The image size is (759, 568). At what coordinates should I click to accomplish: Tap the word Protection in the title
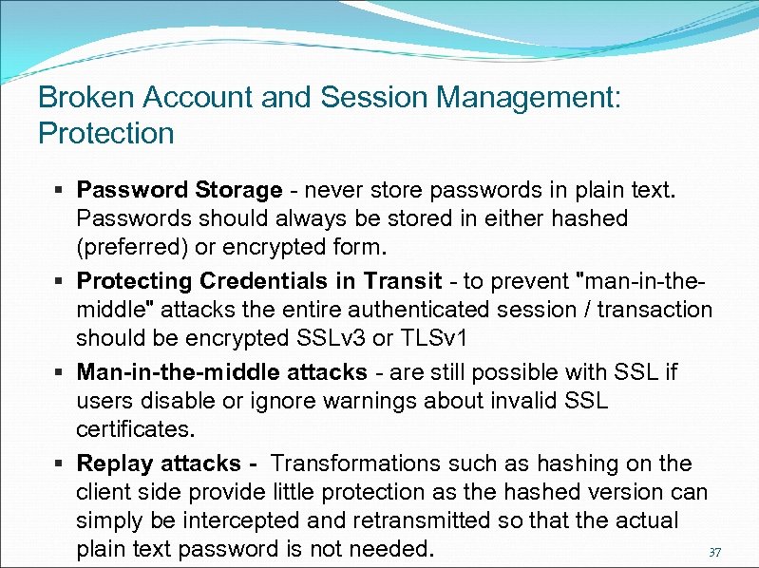[x=106, y=133]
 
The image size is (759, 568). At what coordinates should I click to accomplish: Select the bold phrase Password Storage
[x=180, y=190]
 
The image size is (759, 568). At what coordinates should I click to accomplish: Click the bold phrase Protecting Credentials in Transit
[x=259, y=281]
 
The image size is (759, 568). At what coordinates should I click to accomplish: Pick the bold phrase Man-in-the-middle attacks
[x=221, y=371]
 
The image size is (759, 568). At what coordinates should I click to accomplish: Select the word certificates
[x=136, y=429]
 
